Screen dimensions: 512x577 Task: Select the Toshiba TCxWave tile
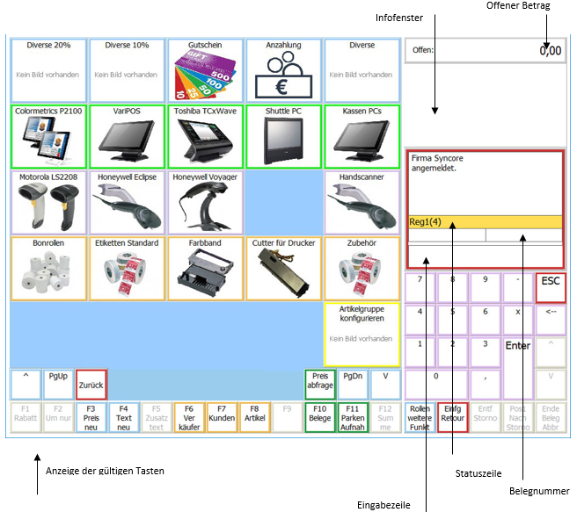pyautogui.click(x=206, y=136)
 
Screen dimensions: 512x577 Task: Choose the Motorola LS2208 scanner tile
pyautogui.click(x=50, y=201)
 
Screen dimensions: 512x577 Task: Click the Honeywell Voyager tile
pyautogui.click(x=206, y=201)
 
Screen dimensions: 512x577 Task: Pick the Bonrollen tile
pyautogui.click(x=50, y=268)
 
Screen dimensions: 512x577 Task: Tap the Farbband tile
pyautogui.click(x=206, y=268)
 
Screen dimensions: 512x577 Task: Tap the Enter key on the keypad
pyautogui.click(x=517, y=346)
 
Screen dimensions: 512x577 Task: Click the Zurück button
pyautogui.click(x=91, y=385)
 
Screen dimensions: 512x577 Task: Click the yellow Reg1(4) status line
pyautogui.click(x=485, y=222)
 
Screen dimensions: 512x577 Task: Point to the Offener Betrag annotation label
pyautogui.click(x=518, y=7)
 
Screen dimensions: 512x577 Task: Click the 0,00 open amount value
pyautogui.click(x=550, y=51)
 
